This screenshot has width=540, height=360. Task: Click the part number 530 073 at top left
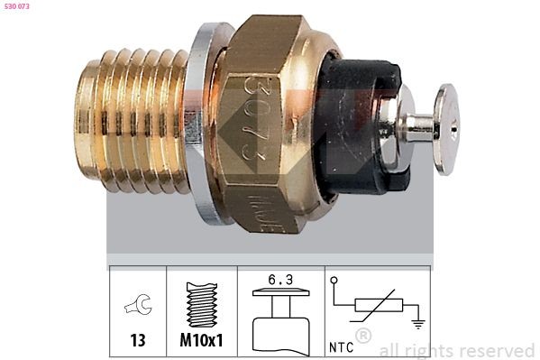(17, 8)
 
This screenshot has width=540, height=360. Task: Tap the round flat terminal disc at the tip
(444, 127)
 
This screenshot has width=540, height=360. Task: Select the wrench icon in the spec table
(138, 308)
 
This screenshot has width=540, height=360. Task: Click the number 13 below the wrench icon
(138, 341)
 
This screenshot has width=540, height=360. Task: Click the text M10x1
(201, 341)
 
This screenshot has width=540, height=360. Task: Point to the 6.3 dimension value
(279, 280)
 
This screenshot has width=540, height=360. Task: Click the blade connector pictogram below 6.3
(279, 320)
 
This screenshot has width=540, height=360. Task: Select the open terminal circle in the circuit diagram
(334, 282)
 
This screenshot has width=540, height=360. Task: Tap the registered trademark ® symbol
(363, 336)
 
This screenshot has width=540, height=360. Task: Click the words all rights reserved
(457, 350)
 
